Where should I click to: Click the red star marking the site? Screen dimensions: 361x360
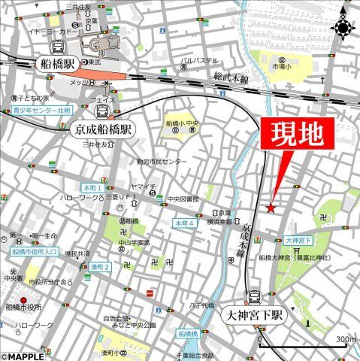pyautogui.click(x=271, y=208)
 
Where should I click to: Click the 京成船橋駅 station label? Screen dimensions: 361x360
pyautogui.click(x=102, y=129)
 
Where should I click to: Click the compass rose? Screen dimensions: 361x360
pyautogui.click(x=343, y=27)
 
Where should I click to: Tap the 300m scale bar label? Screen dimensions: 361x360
pyautogui.click(x=345, y=340)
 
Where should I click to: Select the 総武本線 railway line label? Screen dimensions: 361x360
pyautogui.click(x=230, y=76)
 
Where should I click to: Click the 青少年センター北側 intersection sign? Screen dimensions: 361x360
pyautogui.click(x=42, y=111)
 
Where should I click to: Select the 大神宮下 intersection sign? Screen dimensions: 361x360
pyautogui.click(x=298, y=241)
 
